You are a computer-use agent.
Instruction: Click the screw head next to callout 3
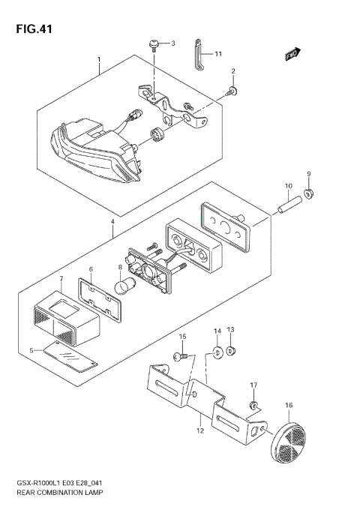coord(154,44)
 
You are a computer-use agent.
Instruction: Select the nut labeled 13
coord(232,349)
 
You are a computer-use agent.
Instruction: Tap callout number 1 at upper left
coord(98,58)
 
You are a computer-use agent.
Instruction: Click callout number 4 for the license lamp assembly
coord(112,222)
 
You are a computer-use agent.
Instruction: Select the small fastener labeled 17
coord(254,405)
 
